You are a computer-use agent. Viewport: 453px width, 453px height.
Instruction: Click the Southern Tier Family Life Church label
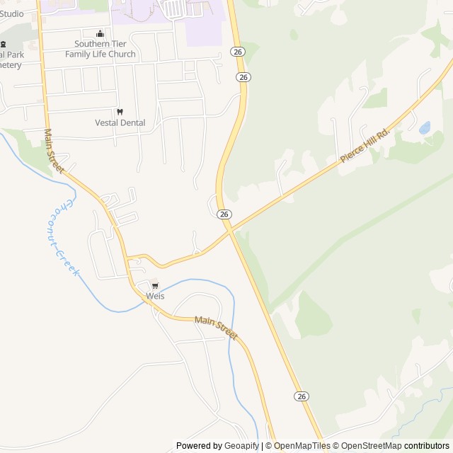click(x=101, y=49)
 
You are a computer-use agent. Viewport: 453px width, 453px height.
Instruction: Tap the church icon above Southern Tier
click(x=100, y=33)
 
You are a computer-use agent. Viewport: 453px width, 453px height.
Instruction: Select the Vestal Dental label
click(x=120, y=122)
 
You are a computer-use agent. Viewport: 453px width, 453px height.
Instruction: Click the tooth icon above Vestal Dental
click(x=120, y=112)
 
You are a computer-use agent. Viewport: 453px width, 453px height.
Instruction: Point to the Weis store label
click(x=155, y=296)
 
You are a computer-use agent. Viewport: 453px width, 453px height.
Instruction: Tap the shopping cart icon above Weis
click(x=155, y=285)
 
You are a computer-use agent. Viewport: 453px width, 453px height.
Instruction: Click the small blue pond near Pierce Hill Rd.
click(x=425, y=128)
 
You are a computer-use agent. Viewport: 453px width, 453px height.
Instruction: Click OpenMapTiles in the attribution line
click(x=302, y=446)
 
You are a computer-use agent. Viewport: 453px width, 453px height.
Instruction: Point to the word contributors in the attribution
click(x=427, y=446)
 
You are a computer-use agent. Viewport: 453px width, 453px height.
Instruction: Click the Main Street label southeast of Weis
click(x=216, y=328)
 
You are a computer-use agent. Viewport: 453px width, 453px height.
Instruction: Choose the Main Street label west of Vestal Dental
click(x=54, y=150)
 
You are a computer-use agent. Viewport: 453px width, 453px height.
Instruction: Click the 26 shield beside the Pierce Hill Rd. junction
click(x=224, y=214)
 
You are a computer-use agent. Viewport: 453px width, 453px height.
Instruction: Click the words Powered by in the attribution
click(x=193, y=446)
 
